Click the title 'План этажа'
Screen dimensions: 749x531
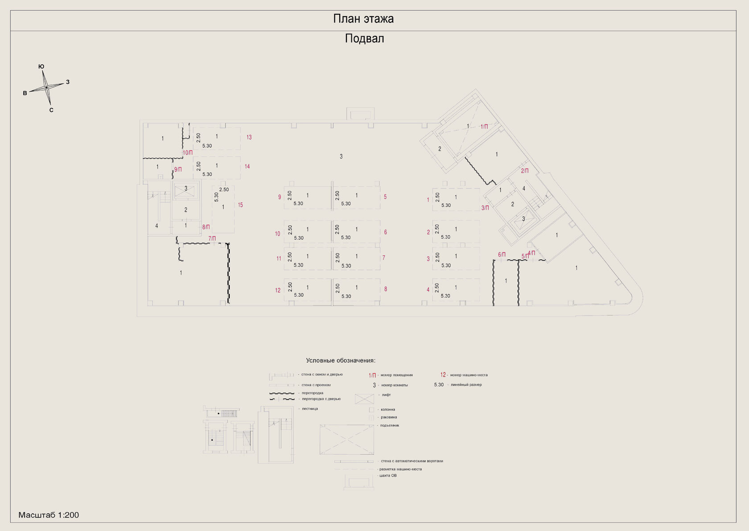click(363, 19)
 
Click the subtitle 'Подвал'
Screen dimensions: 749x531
click(364, 39)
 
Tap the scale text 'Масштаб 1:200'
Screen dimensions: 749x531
click(49, 515)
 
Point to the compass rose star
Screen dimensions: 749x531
click(46, 87)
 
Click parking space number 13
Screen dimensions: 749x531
click(249, 137)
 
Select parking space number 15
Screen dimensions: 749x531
click(240, 205)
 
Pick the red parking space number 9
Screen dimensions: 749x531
click(280, 197)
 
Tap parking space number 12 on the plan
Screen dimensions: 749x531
click(278, 290)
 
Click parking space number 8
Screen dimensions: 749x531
click(386, 289)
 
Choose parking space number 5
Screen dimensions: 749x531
click(385, 197)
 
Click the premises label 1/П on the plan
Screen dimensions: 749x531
click(484, 127)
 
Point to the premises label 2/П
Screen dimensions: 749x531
click(525, 171)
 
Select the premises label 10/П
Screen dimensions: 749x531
click(188, 153)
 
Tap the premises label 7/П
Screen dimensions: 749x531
click(212, 239)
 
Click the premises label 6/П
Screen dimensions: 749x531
click(502, 255)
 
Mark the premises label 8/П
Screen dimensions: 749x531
click(206, 227)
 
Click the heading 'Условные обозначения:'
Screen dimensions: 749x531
click(341, 360)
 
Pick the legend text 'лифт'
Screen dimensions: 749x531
click(386, 395)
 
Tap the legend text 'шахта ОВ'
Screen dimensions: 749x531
click(388, 476)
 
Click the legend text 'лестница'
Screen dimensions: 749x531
click(310, 409)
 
